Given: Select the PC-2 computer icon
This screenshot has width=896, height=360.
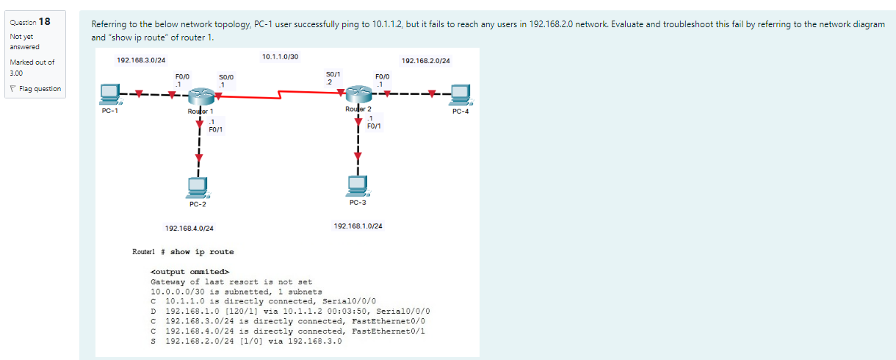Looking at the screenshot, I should point(197,188).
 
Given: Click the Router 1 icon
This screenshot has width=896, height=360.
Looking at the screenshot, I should point(199,96).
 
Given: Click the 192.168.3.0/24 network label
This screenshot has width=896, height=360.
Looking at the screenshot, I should point(141,59).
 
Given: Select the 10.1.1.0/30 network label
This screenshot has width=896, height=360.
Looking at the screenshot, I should point(280,57).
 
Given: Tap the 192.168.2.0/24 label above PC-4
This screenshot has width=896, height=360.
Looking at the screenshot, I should point(426,60).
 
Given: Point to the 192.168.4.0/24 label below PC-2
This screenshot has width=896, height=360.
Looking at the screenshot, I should point(189,228).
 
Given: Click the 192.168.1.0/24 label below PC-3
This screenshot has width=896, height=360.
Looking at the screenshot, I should point(358,226).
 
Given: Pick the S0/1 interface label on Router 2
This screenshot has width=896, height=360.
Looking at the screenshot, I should point(333,74).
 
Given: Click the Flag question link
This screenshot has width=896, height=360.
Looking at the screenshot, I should point(36,89).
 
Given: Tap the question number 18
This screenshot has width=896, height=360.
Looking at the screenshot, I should point(43,21).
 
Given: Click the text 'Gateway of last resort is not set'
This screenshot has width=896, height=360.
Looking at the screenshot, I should point(231,281).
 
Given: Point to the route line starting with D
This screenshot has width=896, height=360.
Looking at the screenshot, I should point(290,311).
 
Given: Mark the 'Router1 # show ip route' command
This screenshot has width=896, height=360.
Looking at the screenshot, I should point(183,252).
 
